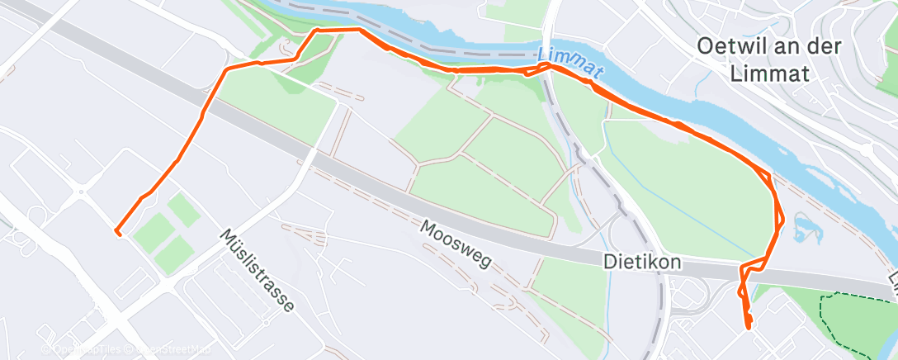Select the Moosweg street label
click(x=455, y=244)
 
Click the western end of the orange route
click(x=116, y=232)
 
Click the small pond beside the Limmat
click(x=804, y=226)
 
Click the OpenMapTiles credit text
click(x=78, y=348)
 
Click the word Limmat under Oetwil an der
click(x=769, y=73)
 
